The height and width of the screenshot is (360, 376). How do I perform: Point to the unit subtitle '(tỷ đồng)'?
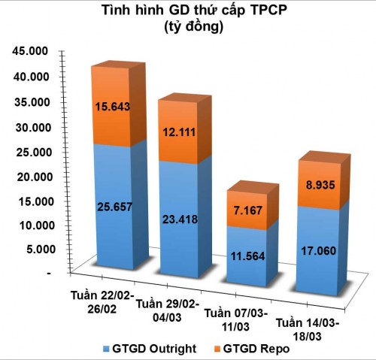click(188, 28)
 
